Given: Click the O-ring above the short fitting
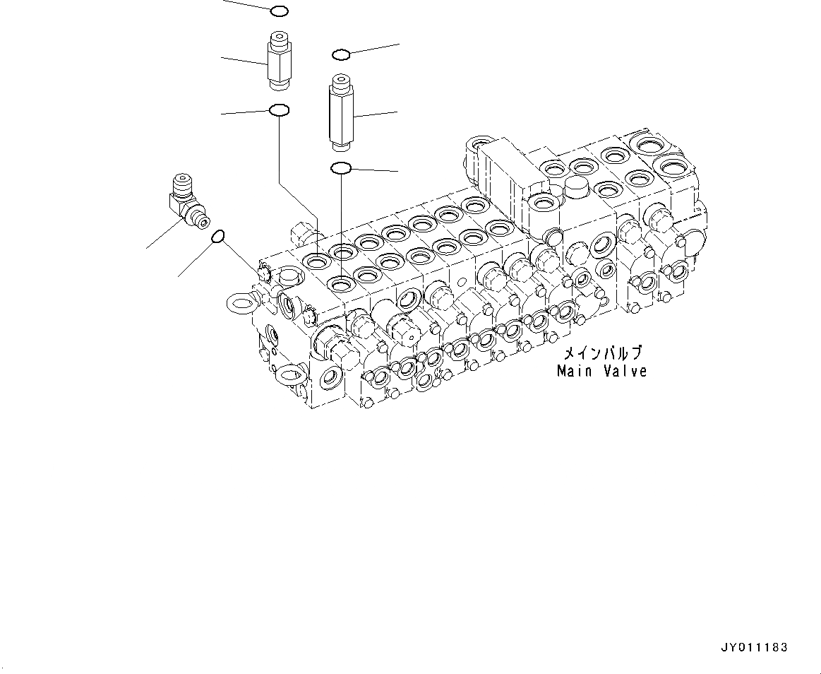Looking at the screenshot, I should (x=278, y=11).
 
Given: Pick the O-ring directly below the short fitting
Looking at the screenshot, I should (x=278, y=110).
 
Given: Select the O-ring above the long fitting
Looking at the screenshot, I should (x=340, y=54).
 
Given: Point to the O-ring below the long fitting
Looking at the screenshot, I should (x=340, y=168).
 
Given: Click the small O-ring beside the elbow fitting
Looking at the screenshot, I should (x=219, y=237).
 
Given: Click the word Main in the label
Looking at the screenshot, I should (x=573, y=370).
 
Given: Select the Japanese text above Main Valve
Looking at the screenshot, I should (x=601, y=353).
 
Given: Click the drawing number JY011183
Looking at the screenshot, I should (x=754, y=647).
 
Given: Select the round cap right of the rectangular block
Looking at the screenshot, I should (x=577, y=187).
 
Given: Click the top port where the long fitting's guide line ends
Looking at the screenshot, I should (x=342, y=284).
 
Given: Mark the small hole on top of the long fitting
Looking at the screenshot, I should (x=340, y=79).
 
